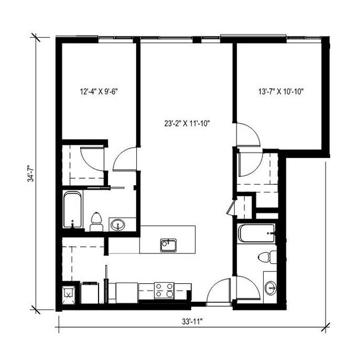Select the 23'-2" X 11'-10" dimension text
click(x=186, y=124)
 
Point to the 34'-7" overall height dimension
click(x=34, y=171)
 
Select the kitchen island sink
click(x=168, y=245)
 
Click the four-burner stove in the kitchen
click(x=164, y=290)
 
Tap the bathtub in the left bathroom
click(x=73, y=210)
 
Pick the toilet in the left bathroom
click(x=96, y=221)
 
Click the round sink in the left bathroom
click(x=117, y=225)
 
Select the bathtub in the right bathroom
click(x=256, y=233)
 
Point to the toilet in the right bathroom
click(x=267, y=257)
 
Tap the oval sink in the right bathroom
click(x=270, y=287)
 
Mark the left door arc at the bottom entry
click(x=218, y=291)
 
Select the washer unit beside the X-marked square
click(x=89, y=292)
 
